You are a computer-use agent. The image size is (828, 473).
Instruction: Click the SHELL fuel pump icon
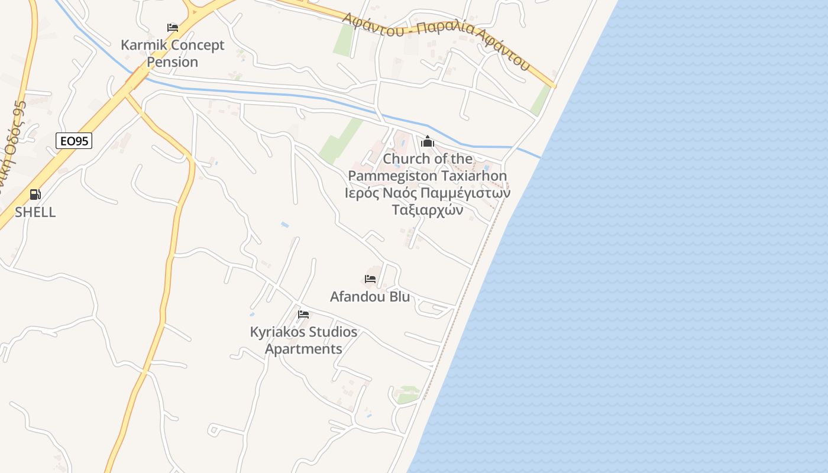pos(35,194)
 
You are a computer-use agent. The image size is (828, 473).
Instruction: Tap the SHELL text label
pos(35,212)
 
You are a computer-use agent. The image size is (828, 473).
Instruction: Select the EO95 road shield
pos(75,141)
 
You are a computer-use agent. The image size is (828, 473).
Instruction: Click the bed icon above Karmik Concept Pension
pos(173,28)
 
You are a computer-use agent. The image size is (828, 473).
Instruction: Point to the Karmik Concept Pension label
pos(173,53)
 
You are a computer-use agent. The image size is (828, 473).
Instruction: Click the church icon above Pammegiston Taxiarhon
pos(428,141)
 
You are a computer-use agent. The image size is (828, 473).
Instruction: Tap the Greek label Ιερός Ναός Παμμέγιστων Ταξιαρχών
pos(428,202)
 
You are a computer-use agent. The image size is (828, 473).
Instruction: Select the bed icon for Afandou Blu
pos(370,279)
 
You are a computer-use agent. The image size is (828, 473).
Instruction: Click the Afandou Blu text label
pos(370,296)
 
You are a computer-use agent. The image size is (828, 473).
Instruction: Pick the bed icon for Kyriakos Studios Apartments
pos(303,315)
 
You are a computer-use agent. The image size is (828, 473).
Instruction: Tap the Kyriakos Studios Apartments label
pos(303,341)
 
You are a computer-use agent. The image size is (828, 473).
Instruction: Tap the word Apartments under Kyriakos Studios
pos(303,349)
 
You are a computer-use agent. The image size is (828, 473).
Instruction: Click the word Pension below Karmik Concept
pos(173,62)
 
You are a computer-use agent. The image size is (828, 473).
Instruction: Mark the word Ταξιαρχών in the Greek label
pos(428,210)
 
